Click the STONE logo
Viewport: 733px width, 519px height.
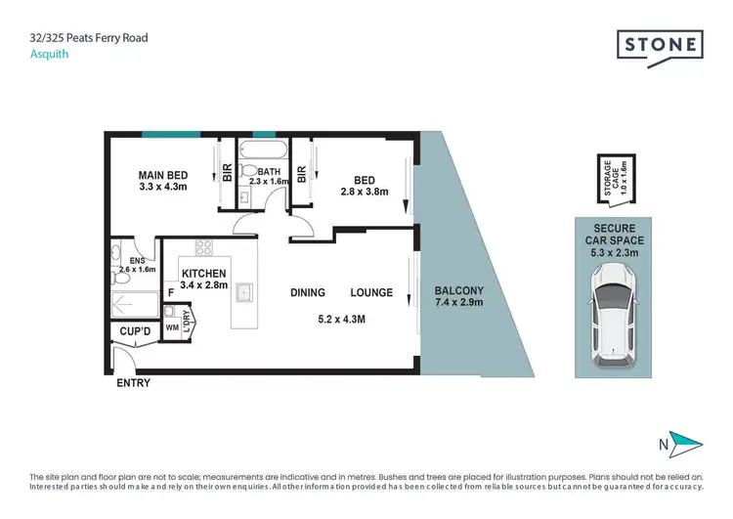(660, 45)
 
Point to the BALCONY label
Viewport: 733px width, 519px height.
(457, 290)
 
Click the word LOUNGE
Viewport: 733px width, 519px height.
(371, 292)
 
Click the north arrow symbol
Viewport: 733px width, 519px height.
(683, 442)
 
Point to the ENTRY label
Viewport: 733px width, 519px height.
(133, 383)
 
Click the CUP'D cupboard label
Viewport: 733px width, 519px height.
(134, 332)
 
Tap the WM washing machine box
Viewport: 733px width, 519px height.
(172, 327)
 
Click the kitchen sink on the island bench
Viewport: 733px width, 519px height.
(247, 291)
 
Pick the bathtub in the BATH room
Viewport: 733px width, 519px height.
(263, 152)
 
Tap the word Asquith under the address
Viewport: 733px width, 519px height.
(48, 55)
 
